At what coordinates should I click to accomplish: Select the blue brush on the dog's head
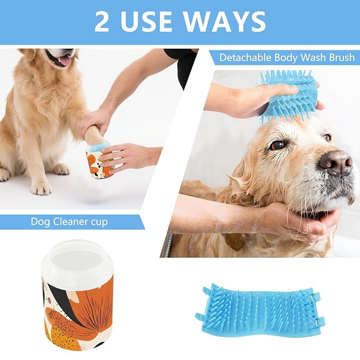click(289, 95)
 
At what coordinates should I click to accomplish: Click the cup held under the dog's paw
click(99, 161)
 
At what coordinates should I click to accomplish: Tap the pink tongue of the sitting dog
click(64, 61)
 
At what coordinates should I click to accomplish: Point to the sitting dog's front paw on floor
click(40, 186)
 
